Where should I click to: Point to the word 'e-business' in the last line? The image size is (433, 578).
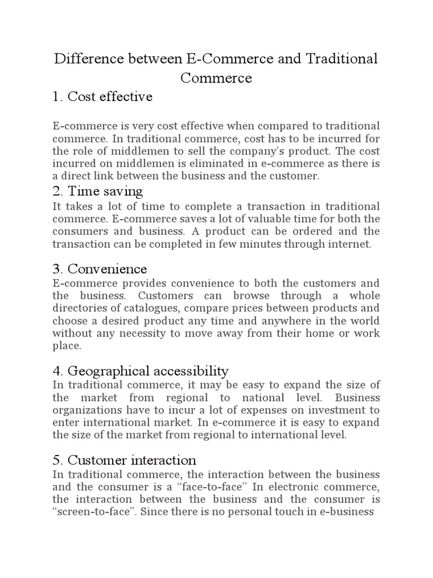[x=348, y=513]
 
